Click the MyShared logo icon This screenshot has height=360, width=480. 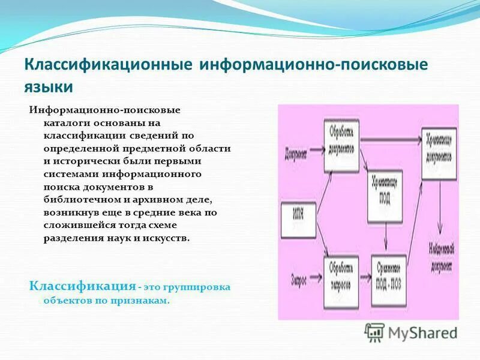coord(375,332)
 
